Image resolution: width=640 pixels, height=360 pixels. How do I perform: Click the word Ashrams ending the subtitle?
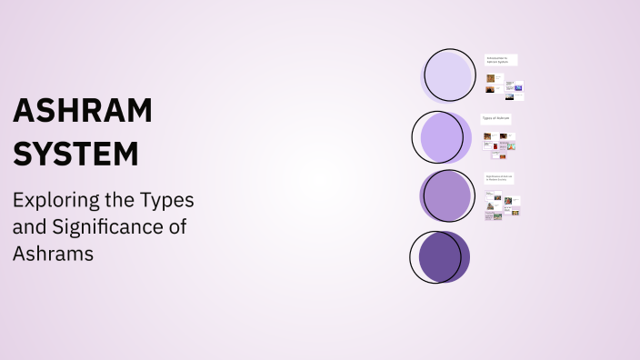tap(53, 255)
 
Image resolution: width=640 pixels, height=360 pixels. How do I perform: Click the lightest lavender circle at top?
tap(449, 75)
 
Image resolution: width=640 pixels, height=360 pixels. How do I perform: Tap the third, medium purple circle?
tap(447, 196)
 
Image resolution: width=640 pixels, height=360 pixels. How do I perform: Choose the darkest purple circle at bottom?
tap(440, 256)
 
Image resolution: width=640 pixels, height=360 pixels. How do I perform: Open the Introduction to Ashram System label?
tap(500, 60)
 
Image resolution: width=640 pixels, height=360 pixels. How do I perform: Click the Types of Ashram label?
tap(496, 118)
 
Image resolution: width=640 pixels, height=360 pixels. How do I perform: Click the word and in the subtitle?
tap(29, 227)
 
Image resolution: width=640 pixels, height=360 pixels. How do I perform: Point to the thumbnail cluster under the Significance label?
tap(502, 206)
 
